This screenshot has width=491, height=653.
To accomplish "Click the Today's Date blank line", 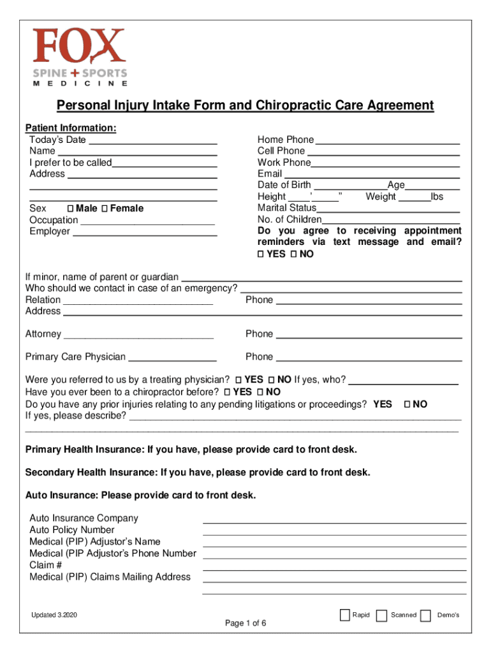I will click(x=153, y=140).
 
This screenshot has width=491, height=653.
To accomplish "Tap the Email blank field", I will click(x=372, y=174).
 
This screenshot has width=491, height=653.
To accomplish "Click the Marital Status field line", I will click(x=388, y=208).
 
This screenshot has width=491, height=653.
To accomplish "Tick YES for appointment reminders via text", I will click(x=260, y=254).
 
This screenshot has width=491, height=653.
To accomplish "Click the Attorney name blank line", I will click(x=138, y=334).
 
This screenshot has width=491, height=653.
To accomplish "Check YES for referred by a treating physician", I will click(x=238, y=380).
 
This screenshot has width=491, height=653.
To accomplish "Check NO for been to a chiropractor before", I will click(x=260, y=392).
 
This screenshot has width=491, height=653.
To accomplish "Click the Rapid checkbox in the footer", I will click(x=345, y=615).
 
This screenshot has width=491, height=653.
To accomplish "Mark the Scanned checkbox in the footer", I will click(x=381, y=615).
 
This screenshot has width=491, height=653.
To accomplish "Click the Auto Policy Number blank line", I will click(x=334, y=531).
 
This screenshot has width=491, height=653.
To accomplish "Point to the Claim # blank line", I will click(x=334, y=566).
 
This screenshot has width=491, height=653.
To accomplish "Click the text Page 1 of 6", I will click(x=246, y=624).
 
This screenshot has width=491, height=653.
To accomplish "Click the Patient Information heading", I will click(x=70, y=128).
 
